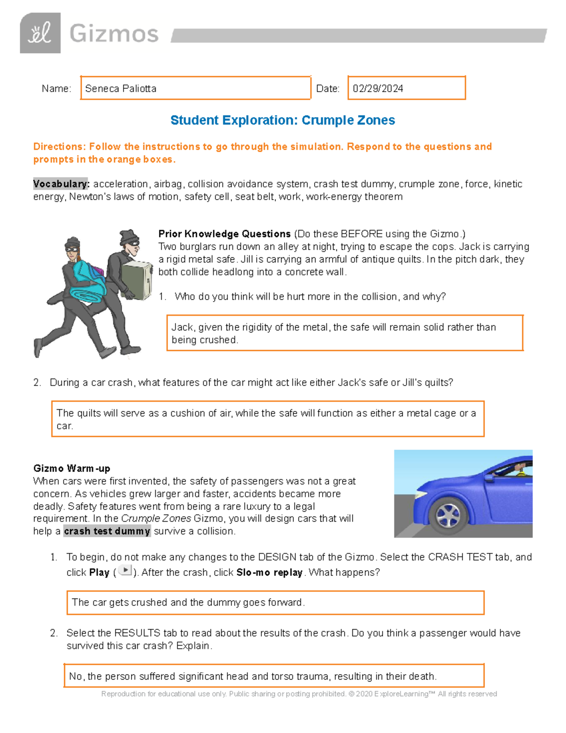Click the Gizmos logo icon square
[x=40, y=33]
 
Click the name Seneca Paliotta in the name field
[x=121, y=89]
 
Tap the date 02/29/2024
[x=378, y=89]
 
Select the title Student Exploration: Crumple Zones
[x=283, y=120]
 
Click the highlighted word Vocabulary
[x=60, y=184]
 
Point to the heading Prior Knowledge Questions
[x=225, y=234]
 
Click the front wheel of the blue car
[x=448, y=514]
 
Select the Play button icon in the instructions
[x=125, y=570]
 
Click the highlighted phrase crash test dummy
[x=107, y=531]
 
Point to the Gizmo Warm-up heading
[x=72, y=469]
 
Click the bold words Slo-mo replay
[x=269, y=573]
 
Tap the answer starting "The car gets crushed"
[x=188, y=603]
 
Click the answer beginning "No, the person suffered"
[x=253, y=676]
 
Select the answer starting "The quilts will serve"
[x=266, y=419]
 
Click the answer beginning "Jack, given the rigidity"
[x=333, y=333]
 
